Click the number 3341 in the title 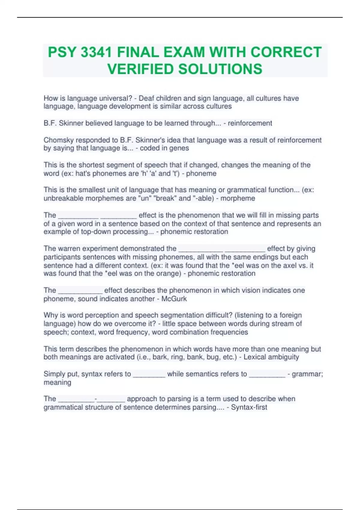(x=96, y=52)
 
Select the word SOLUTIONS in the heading (x=220, y=69)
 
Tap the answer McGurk (x=174, y=299)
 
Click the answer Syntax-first (x=249, y=407)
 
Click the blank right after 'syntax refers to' (x=149, y=374)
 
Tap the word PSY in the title (x=62, y=52)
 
